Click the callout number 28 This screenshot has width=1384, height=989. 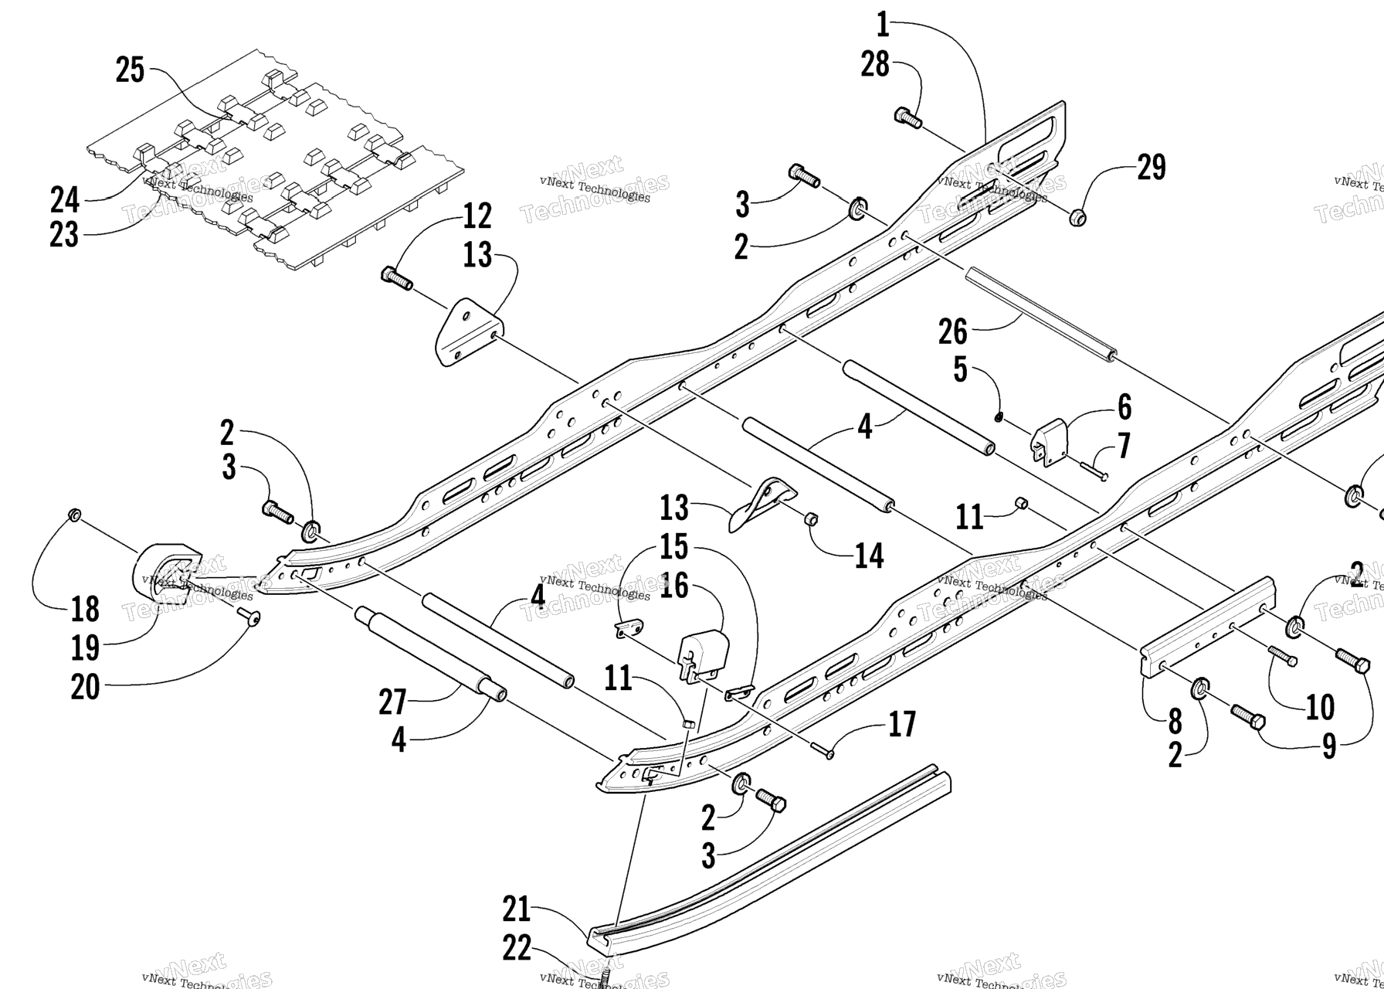pos(875,66)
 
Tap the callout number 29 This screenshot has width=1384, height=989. pos(1151,168)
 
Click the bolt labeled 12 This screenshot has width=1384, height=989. pos(396,277)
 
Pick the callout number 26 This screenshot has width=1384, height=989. pos(952,332)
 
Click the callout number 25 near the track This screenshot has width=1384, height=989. pos(130,70)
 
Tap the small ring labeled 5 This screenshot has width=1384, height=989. pos(999,418)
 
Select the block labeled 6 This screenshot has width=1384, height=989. pos(1050,444)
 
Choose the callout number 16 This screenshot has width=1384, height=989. pos(673,586)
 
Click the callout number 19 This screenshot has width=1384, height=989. pos(85,647)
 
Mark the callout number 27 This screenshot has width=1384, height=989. pos(392,702)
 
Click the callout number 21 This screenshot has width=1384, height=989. pos(516,909)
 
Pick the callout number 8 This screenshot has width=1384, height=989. pos(1174,721)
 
